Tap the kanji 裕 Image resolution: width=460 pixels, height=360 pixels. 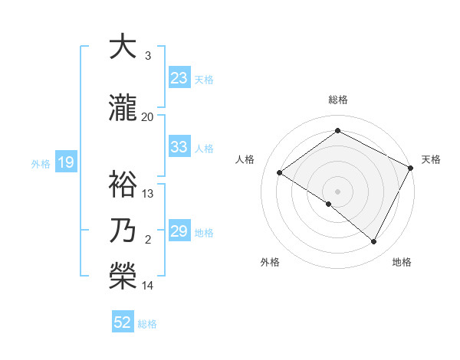pyautogui.click(x=123, y=185)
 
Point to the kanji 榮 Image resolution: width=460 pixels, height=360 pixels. pyautogui.click(x=123, y=273)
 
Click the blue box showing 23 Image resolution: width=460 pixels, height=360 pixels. pyautogui.click(x=179, y=77)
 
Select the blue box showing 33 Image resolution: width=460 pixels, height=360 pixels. pyautogui.click(x=179, y=147)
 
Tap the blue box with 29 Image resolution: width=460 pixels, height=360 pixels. pyautogui.click(x=179, y=231)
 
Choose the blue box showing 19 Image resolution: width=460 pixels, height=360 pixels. pyautogui.click(x=65, y=162)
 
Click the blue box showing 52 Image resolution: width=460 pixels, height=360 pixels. pyautogui.click(x=123, y=322)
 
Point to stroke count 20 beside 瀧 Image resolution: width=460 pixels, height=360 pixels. pyautogui.click(x=148, y=116)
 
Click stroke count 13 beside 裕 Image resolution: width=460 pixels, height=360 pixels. pyautogui.click(x=148, y=193)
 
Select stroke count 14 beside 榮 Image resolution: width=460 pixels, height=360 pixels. pyautogui.click(x=148, y=286)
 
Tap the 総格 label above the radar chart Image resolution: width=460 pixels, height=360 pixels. pyautogui.click(x=338, y=100)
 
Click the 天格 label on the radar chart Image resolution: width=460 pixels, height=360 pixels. pyautogui.click(x=431, y=159)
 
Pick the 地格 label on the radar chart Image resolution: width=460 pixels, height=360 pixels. pyautogui.click(x=402, y=262)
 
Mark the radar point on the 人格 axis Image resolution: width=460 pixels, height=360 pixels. pyautogui.click(x=280, y=172)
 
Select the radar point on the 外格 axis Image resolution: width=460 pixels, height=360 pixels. pyautogui.click(x=329, y=204)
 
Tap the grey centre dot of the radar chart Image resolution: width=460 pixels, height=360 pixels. pyautogui.click(x=337, y=191)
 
